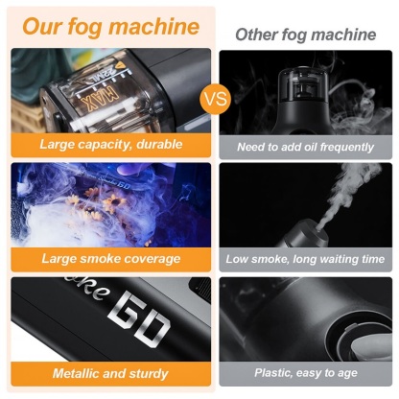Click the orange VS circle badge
tap(217, 99)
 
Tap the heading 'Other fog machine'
tap(306, 35)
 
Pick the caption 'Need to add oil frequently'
tap(306, 148)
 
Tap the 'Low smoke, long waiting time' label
tap(306, 259)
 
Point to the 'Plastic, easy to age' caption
tap(306, 372)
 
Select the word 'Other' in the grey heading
tap(258, 35)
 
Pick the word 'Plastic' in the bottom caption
tap(277, 372)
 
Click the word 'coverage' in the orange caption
tap(149, 258)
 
